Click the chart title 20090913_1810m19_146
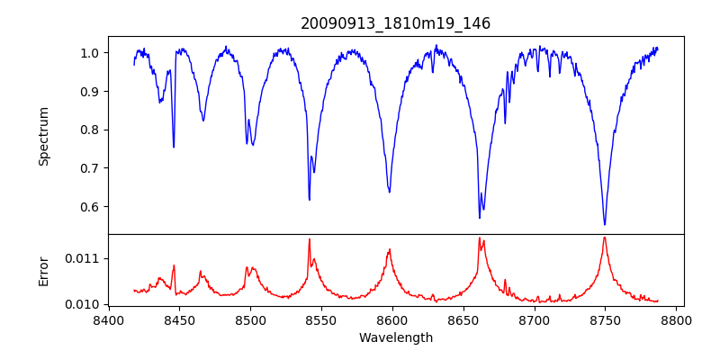(x=395, y=23)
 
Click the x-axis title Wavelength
(x=395, y=337)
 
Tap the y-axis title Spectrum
(x=43, y=136)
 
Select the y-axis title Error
(x=43, y=270)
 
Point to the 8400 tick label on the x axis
(x=108, y=320)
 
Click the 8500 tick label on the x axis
(x=250, y=320)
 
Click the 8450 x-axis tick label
(x=179, y=320)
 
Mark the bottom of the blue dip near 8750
(x=605, y=225)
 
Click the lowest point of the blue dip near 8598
(x=390, y=192)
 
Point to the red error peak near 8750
(x=605, y=238)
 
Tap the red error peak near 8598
(x=390, y=249)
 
